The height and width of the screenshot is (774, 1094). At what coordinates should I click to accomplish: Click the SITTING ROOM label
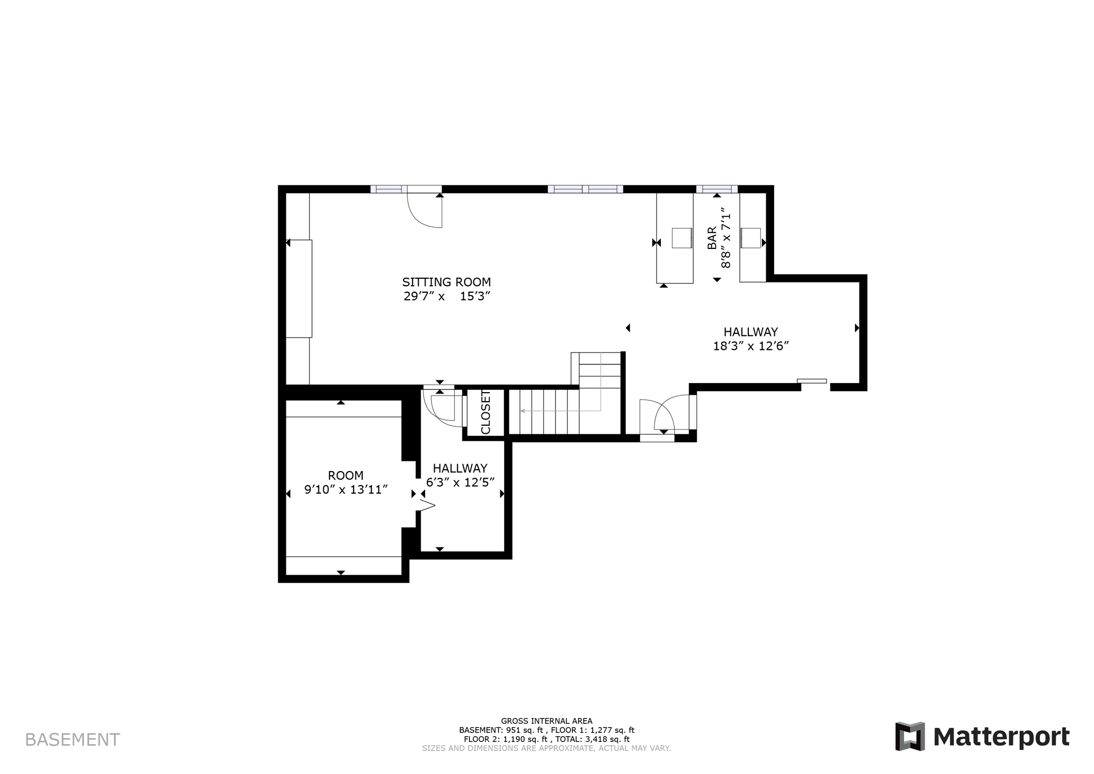tap(446, 282)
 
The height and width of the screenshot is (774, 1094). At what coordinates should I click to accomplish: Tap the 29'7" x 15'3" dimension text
tap(447, 296)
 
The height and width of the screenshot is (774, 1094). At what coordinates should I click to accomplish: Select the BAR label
tap(712, 238)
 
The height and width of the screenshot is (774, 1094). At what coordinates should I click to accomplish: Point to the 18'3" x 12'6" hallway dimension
tap(751, 346)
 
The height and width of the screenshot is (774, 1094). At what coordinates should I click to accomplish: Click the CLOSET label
tap(486, 412)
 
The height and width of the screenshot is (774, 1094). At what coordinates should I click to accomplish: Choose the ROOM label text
tap(346, 475)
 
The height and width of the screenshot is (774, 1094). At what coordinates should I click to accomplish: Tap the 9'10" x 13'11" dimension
tap(346, 489)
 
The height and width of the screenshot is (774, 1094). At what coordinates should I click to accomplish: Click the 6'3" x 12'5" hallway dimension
tap(460, 482)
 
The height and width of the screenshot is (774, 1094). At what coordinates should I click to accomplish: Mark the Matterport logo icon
tap(910, 737)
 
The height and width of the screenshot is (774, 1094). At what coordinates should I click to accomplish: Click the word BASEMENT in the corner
tap(73, 740)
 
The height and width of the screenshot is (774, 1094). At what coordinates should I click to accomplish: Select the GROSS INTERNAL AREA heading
tap(546, 721)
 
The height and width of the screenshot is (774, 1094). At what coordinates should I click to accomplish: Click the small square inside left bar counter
tap(682, 238)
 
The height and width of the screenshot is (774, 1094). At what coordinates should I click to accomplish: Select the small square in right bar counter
tap(751, 238)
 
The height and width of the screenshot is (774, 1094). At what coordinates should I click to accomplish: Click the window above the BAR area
tap(716, 189)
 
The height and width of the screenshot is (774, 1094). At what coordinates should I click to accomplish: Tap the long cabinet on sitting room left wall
tap(299, 288)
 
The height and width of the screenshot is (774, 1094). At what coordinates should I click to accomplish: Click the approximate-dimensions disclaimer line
tap(546, 748)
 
